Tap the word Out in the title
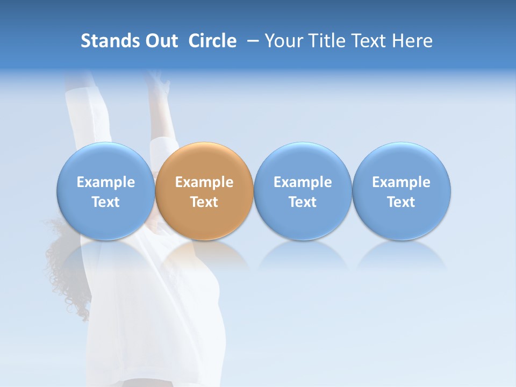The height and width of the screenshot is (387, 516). [x=160, y=41]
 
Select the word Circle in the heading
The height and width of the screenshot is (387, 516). [x=212, y=41]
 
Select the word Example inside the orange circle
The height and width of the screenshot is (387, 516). [x=204, y=182]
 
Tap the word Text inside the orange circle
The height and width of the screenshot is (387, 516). [x=204, y=202]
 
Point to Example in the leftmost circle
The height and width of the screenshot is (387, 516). [x=105, y=182]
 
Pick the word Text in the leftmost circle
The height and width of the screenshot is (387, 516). [x=105, y=202]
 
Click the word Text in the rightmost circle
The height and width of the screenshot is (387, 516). [x=401, y=202]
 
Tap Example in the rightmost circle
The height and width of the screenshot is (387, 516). [x=401, y=182]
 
